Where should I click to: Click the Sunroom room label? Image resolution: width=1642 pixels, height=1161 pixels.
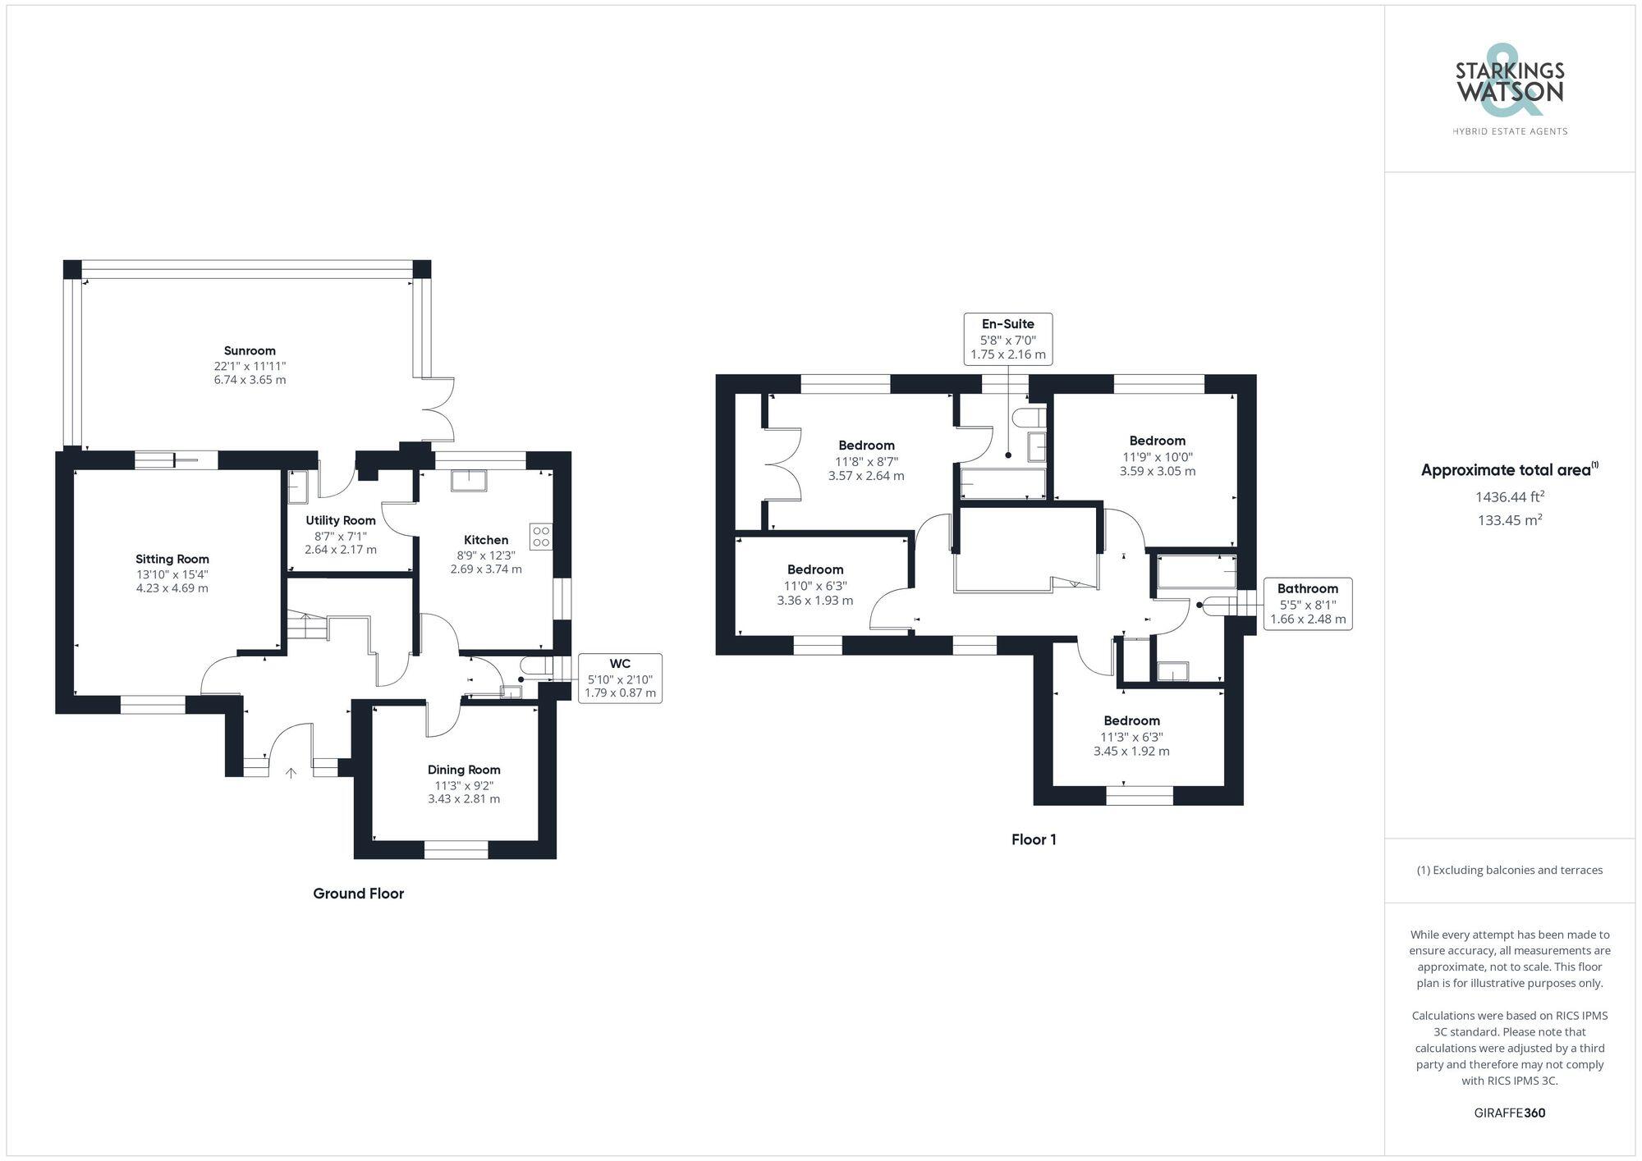[250, 350]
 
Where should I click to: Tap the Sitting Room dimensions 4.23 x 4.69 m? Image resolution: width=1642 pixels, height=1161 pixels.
[172, 588]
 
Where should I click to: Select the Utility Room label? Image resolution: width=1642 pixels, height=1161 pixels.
[341, 520]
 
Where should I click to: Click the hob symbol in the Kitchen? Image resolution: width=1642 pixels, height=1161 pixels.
[541, 537]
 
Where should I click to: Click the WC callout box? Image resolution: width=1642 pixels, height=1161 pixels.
[620, 679]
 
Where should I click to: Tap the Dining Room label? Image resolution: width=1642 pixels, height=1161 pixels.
[464, 770]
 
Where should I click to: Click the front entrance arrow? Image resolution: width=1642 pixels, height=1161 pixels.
[291, 773]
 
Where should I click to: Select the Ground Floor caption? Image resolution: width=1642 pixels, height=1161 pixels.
[359, 894]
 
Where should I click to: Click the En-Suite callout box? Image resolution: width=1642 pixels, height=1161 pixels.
[1007, 339]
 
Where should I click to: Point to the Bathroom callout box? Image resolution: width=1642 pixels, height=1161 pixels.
[1308, 604]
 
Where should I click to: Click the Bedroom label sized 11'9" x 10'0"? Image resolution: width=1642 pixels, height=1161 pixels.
[1158, 441]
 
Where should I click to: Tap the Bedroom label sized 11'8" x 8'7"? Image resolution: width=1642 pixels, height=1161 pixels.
[866, 446]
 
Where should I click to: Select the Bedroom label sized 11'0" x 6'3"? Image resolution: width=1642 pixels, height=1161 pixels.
[815, 569]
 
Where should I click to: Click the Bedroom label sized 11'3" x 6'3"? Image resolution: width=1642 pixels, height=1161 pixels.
[1131, 720]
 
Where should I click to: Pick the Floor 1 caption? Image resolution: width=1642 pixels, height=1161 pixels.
[1034, 839]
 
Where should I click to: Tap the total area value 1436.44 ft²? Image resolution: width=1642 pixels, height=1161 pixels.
[1510, 496]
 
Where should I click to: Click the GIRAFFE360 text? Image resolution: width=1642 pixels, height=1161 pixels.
[1510, 1113]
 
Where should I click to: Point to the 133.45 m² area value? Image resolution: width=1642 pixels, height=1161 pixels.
[1510, 519]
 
